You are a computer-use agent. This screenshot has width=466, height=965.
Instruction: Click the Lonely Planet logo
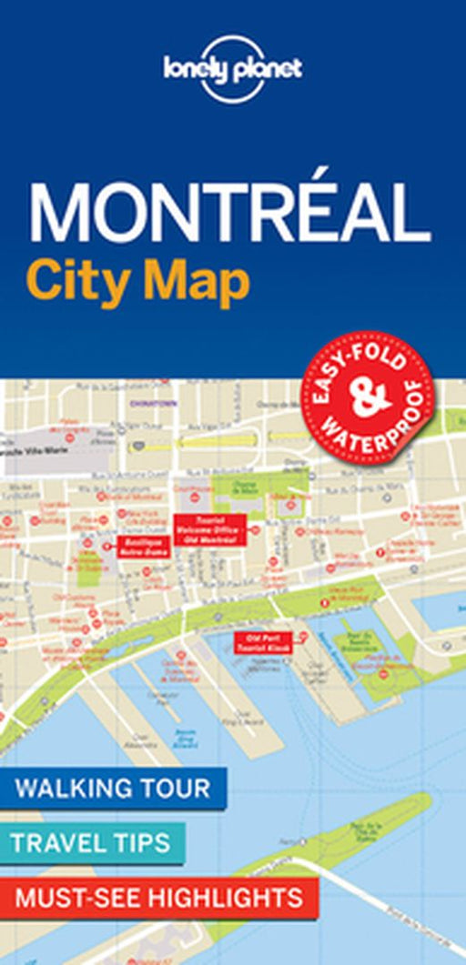coord(233,70)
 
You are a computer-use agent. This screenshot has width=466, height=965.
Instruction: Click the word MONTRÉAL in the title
coord(229,215)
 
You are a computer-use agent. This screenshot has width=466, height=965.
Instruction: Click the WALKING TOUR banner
coord(113,787)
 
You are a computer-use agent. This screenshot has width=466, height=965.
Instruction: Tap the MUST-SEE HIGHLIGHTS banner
coord(158,898)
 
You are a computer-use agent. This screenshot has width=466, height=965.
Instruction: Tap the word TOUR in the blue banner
coord(177,787)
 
